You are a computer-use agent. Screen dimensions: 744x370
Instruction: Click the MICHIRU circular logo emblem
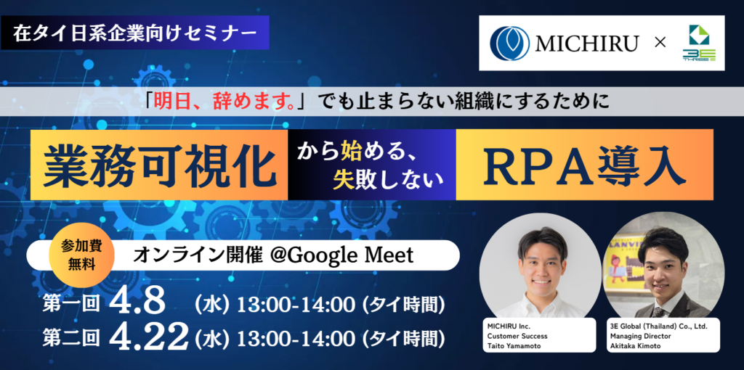tap(509, 43)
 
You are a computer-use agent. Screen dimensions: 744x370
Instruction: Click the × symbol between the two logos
tap(660, 43)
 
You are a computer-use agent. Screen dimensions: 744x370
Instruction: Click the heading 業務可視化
tap(159, 165)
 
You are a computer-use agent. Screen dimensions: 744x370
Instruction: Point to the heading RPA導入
tap(583, 165)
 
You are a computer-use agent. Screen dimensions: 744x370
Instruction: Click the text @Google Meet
tap(341, 255)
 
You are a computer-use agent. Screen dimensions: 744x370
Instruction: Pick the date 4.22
tap(149, 338)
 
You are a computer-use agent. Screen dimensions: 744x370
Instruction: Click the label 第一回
tap(71, 305)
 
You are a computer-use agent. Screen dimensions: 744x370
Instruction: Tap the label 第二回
tap(71, 338)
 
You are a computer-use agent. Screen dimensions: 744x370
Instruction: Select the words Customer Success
tap(517, 336)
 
